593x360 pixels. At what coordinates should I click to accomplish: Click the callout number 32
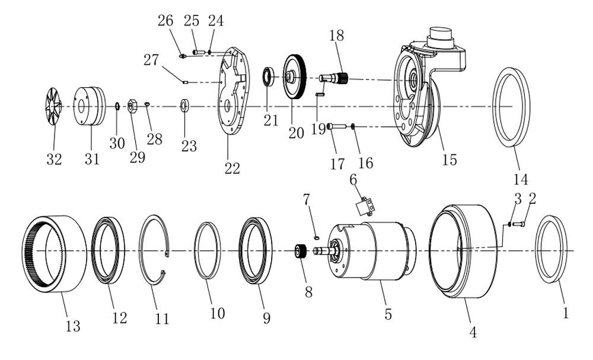[54, 159]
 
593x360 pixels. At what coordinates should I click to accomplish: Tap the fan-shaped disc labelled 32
[53, 106]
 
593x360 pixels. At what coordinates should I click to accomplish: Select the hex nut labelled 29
[132, 106]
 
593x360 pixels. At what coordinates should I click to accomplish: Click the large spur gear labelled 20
[295, 77]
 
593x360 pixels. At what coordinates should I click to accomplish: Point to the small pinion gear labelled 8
[301, 251]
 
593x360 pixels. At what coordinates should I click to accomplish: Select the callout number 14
[521, 179]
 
